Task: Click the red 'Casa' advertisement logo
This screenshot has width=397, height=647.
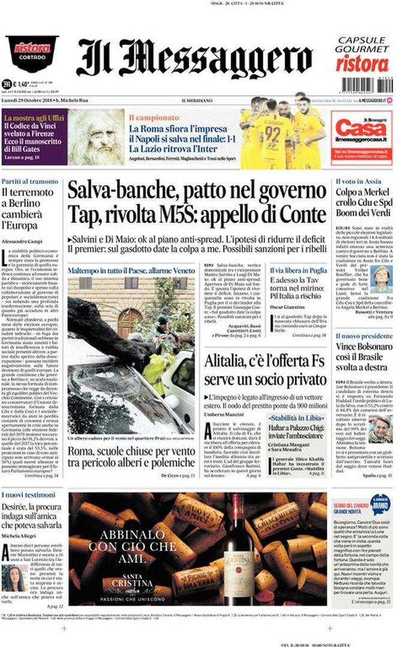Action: [362, 129]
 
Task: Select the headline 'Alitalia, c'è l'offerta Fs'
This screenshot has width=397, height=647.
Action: [265, 361]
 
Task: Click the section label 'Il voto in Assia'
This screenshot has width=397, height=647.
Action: [358, 181]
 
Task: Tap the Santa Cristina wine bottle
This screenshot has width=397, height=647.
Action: [236, 549]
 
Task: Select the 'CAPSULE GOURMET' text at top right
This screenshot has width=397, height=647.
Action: [362, 44]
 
